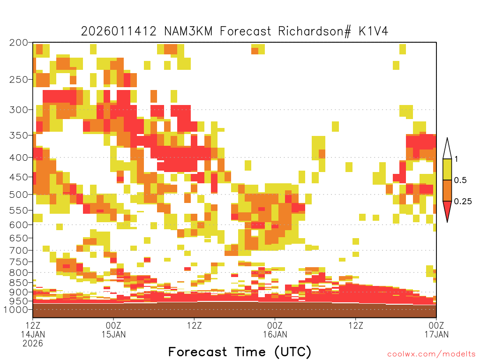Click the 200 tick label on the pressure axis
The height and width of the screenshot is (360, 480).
(x=19, y=43)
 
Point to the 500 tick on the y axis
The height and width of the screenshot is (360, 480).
(x=19, y=195)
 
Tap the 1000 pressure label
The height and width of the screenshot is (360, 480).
(x=16, y=309)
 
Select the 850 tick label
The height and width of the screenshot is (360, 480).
(x=19, y=282)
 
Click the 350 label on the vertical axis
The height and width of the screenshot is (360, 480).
(x=19, y=135)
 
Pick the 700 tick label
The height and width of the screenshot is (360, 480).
(x=19, y=250)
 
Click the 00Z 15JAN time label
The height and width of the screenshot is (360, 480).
(x=113, y=330)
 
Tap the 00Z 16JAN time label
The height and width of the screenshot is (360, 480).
(x=275, y=330)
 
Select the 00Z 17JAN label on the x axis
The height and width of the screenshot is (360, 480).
(x=436, y=330)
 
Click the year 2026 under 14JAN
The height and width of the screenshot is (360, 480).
(x=33, y=343)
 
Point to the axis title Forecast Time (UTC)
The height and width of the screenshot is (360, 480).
(x=240, y=352)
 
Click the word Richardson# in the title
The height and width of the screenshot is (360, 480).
(x=315, y=31)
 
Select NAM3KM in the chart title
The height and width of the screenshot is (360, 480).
(x=188, y=31)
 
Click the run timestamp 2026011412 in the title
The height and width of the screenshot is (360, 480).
(x=119, y=31)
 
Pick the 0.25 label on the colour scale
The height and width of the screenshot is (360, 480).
(x=463, y=201)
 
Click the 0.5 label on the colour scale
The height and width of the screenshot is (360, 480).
(x=460, y=180)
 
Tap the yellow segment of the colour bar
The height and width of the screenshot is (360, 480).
(x=447, y=169)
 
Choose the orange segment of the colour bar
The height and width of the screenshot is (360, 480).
(x=447, y=190)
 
